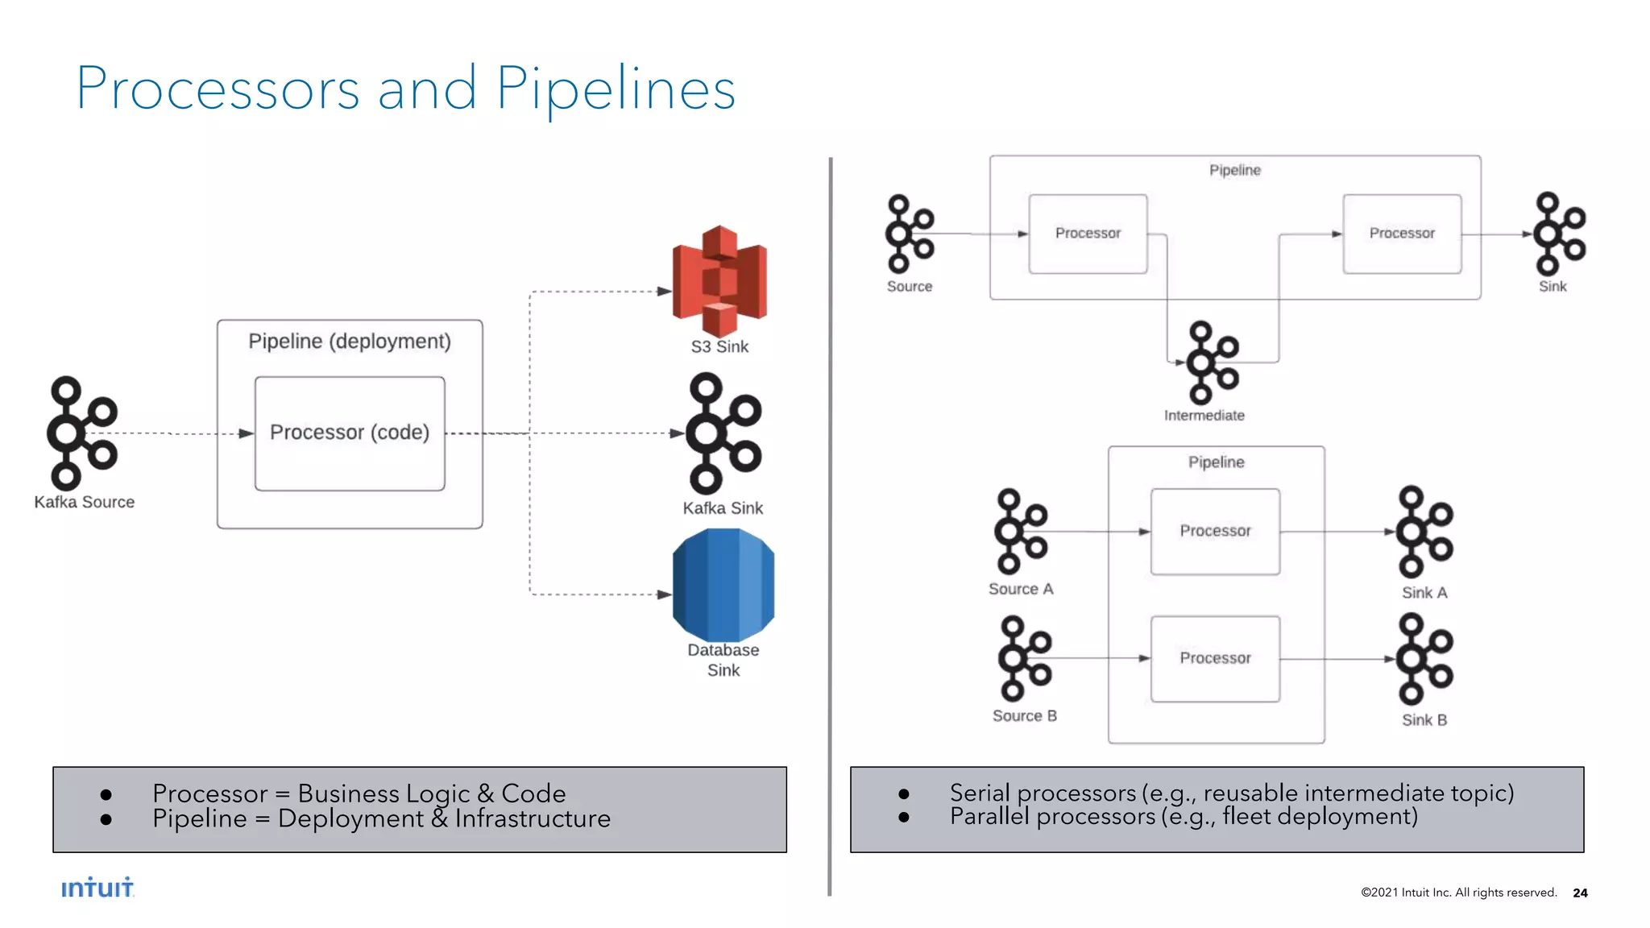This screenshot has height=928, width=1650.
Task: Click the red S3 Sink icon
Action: click(x=719, y=280)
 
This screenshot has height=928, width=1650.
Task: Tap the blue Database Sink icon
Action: click(x=723, y=585)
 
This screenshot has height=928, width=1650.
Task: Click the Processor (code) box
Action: click(x=350, y=433)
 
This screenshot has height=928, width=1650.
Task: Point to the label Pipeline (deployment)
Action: click(x=350, y=342)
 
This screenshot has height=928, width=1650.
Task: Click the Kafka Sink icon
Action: click(x=723, y=433)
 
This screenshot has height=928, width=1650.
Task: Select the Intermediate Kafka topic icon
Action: click(x=1212, y=362)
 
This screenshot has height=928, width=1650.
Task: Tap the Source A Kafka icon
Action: click(x=1020, y=532)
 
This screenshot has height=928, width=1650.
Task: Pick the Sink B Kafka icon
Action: click(x=1424, y=659)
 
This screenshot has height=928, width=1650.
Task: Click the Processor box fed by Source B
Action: click(x=1215, y=658)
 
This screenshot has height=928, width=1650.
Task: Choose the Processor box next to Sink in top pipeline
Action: click(x=1402, y=234)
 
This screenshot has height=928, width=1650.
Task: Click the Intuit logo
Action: click(x=97, y=888)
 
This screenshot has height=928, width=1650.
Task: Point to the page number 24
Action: click(x=1580, y=893)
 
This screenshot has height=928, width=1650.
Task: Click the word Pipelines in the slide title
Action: click(x=616, y=89)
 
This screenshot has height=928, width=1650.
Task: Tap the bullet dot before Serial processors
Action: click(x=904, y=794)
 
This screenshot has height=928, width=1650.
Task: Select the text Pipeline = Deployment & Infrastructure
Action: click(x=381, y=819)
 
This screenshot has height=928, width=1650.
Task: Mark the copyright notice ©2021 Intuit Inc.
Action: click(x=1458, y=893)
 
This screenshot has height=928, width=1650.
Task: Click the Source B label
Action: click(x=1024, y=716)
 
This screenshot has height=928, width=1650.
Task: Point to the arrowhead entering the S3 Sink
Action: click(x=665, y=292)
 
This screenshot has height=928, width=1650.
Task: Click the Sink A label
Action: click(x=1424, y=593)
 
